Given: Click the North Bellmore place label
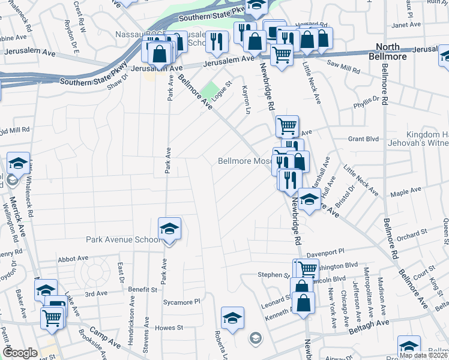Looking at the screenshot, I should [392, 52].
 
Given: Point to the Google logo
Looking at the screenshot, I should [20, 353].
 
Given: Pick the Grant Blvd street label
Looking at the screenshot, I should [364, 139].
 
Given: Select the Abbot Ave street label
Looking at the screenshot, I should [73, 259].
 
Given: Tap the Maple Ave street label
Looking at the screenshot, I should [406, 192].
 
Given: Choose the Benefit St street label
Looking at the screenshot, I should [142, 289].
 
